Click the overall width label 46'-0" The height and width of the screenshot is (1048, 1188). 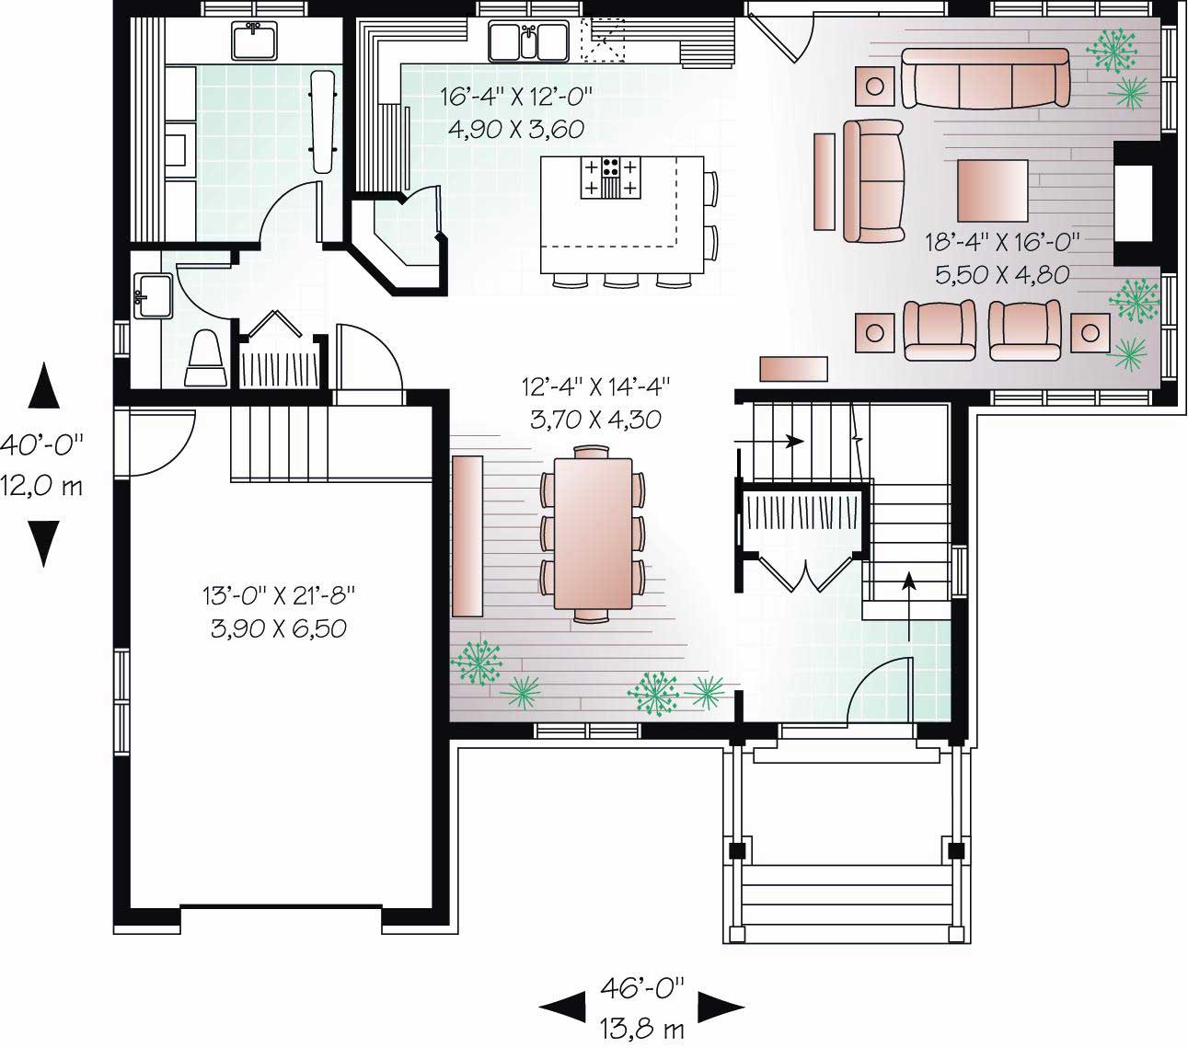click(642, 988)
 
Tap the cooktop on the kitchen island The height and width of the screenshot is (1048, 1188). click(608, 178)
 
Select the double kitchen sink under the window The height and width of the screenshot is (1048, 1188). click(527, 41)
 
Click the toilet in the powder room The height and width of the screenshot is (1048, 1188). click(204, 359)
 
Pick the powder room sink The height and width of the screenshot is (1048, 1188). click(152, 295)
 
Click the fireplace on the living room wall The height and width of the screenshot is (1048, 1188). click(1134, 202)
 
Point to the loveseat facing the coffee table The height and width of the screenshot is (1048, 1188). click(873, 180)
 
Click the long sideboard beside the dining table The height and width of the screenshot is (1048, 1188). click(467, 536)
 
